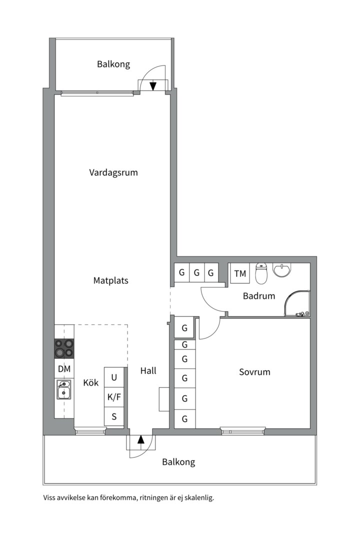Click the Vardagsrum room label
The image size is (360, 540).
(x=113, y=172)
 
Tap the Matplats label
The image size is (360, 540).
(x=111, y=280)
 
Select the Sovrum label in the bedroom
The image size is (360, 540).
(x=254, y=372)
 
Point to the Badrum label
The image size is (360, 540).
(x=259, y=296)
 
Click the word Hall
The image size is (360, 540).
(x=148, y=370)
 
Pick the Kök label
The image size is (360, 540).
(x=91, y=383)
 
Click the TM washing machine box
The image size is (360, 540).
(x=240, y=273)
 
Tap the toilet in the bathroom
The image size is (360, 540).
(x=261, y=273)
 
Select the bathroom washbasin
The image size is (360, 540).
(x=281, y=270)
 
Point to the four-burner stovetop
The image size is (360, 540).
(x=64, y=348)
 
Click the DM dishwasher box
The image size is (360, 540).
(x=64, y=369)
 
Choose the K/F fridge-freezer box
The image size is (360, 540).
(x=114, y=397)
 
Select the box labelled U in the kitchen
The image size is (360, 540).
(x=114, y=377)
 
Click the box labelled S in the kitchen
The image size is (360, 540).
(x=114, y=416)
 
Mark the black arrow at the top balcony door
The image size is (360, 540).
(x=153, y=86)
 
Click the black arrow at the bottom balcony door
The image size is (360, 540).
(x=141, y=439)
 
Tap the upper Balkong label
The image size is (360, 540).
(x=113, y=64)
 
